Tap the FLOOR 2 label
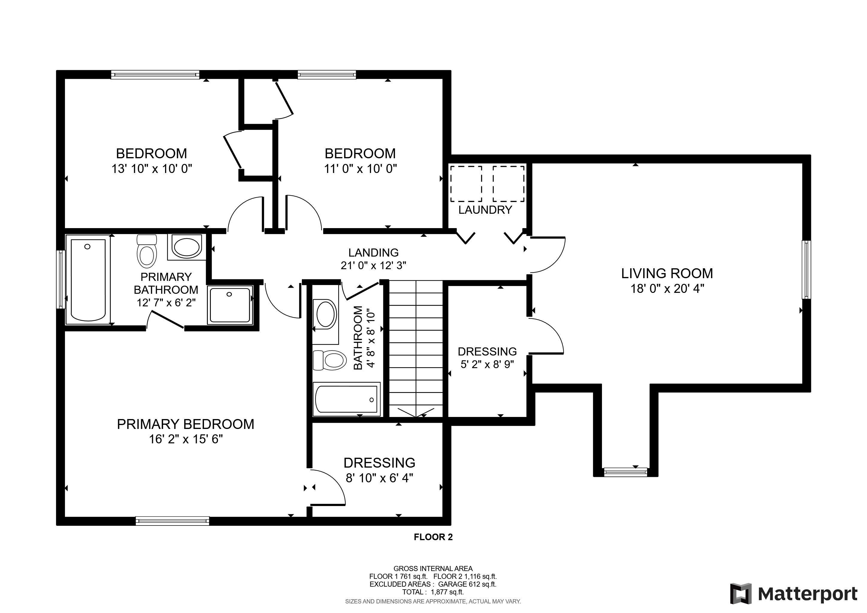click(433, 537)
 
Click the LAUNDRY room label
click(485, 210)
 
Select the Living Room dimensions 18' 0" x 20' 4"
click(667, 289)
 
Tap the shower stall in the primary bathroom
click(230, 305)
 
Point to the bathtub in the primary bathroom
click(88, 279)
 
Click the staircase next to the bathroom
click(415, 348)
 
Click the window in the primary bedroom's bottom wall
click(172, 521)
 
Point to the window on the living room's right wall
click(806, 269)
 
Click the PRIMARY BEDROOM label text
click(185, 424)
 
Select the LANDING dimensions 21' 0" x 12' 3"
click(373, 266)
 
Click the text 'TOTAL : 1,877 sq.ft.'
click(433, 592)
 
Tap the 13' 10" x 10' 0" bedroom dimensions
click(152, 168)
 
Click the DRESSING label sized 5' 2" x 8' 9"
click(487, 352)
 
